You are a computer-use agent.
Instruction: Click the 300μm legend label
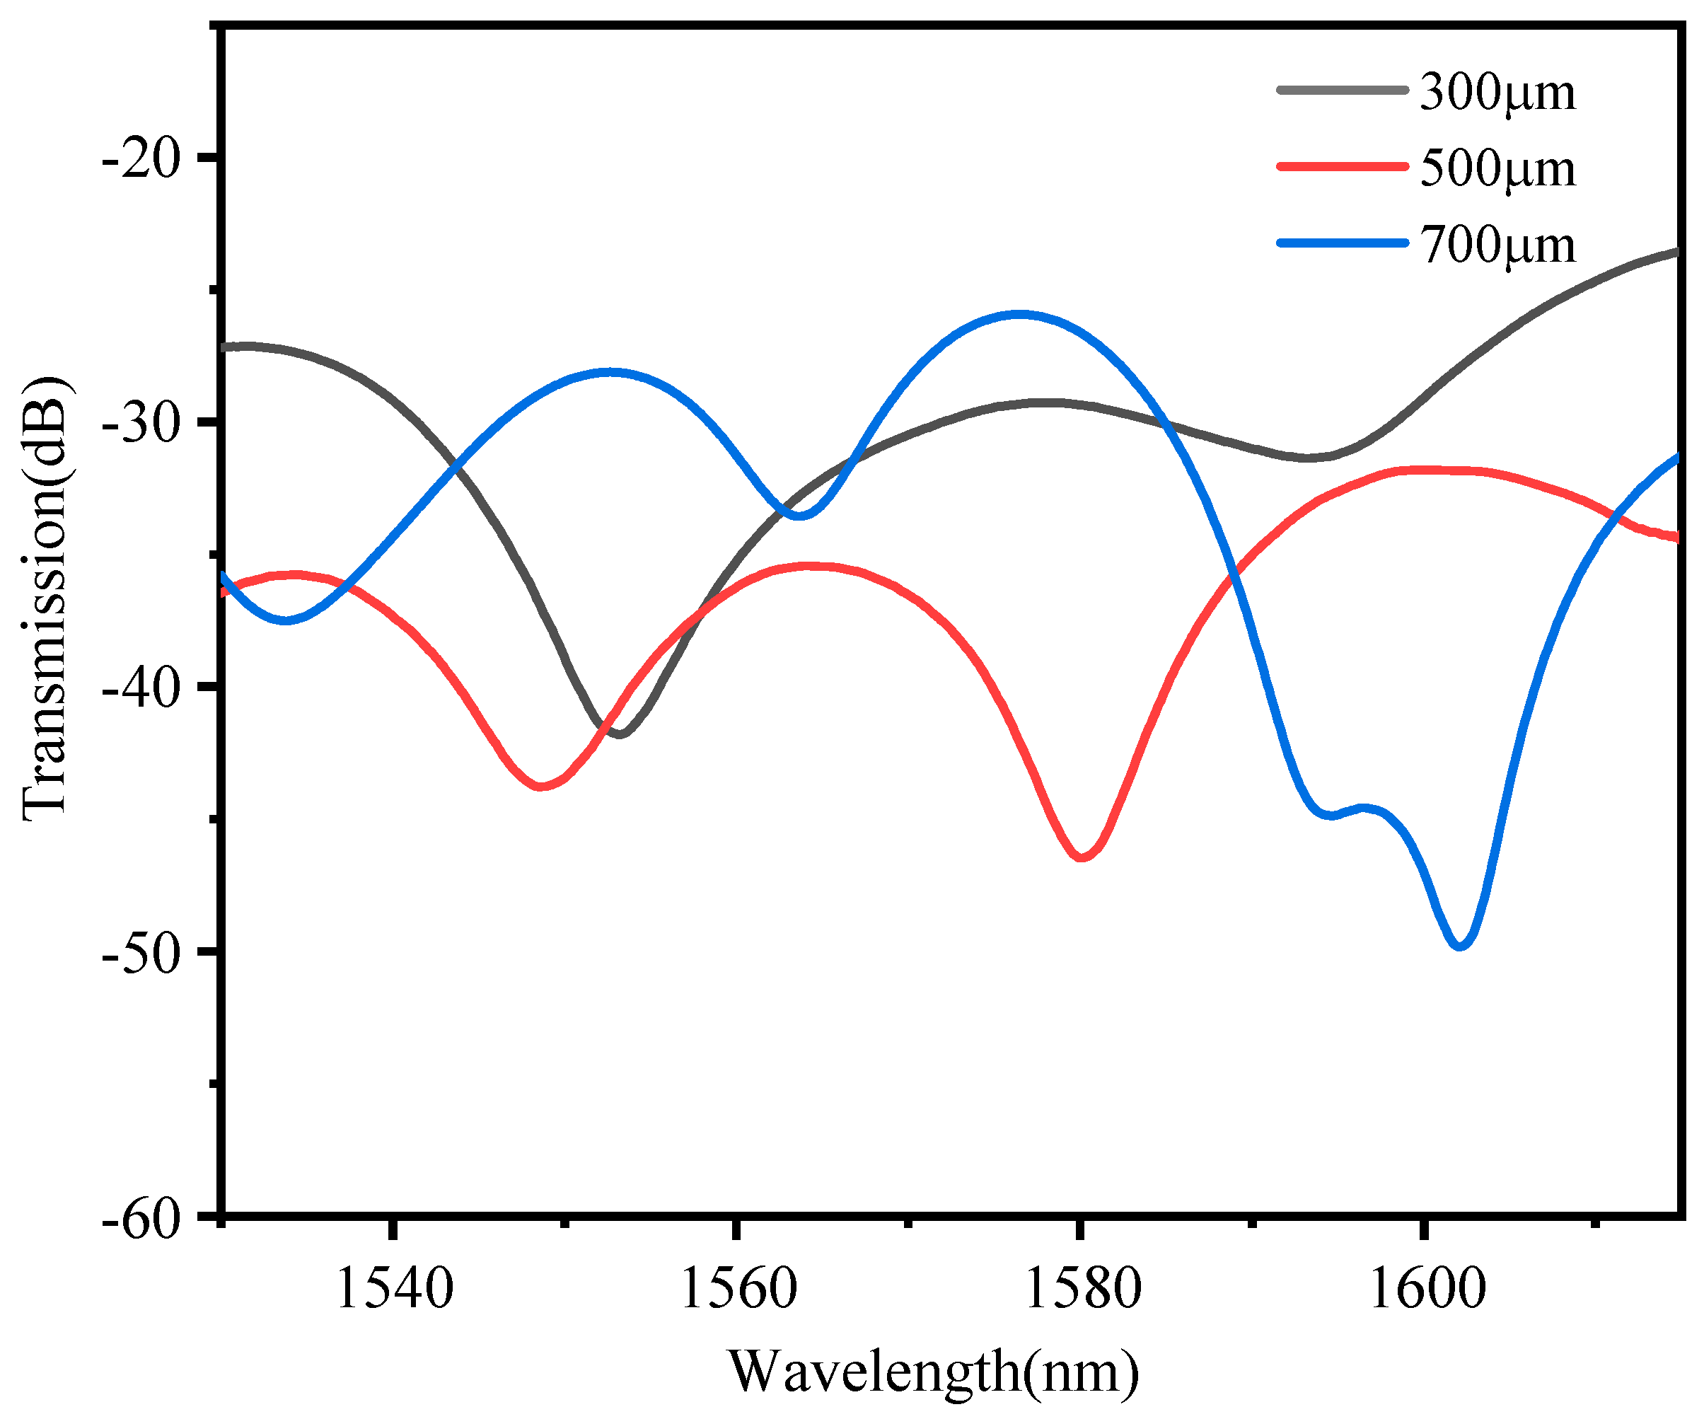pos(1497,93)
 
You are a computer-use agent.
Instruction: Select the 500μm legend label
pos(1497,170)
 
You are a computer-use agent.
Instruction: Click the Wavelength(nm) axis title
pos(933,1371)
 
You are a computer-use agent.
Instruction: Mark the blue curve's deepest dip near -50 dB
pos(1460,945)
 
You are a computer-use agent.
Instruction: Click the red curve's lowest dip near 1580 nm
pos(1082,857)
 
